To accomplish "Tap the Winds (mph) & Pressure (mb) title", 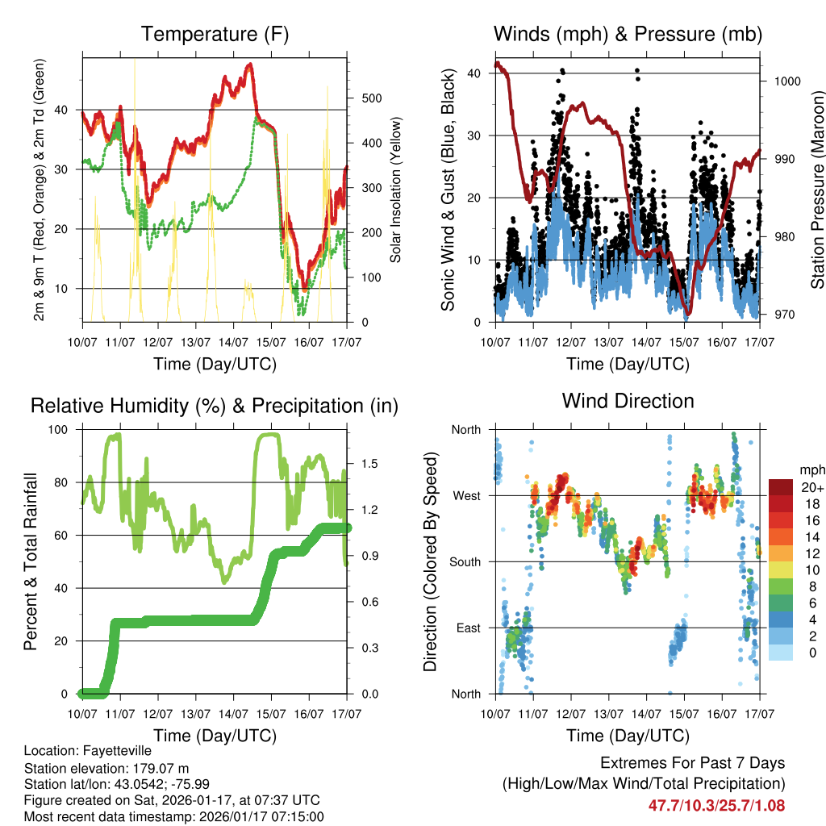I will (x=628, y=34).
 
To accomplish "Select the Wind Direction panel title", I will (x=628, y=400).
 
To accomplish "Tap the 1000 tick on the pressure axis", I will (x=785, y=81).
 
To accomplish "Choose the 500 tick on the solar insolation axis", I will (x=371, y=98).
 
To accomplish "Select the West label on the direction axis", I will (x=466, y=495).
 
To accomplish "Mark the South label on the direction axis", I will (x=465, y=561).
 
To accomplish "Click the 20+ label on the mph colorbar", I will (x=811, y=487).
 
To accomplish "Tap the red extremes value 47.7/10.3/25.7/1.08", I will (x=716, y=805).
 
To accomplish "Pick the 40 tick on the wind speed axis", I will (x=478, y=73).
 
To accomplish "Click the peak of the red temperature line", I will (x=250, y=65).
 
